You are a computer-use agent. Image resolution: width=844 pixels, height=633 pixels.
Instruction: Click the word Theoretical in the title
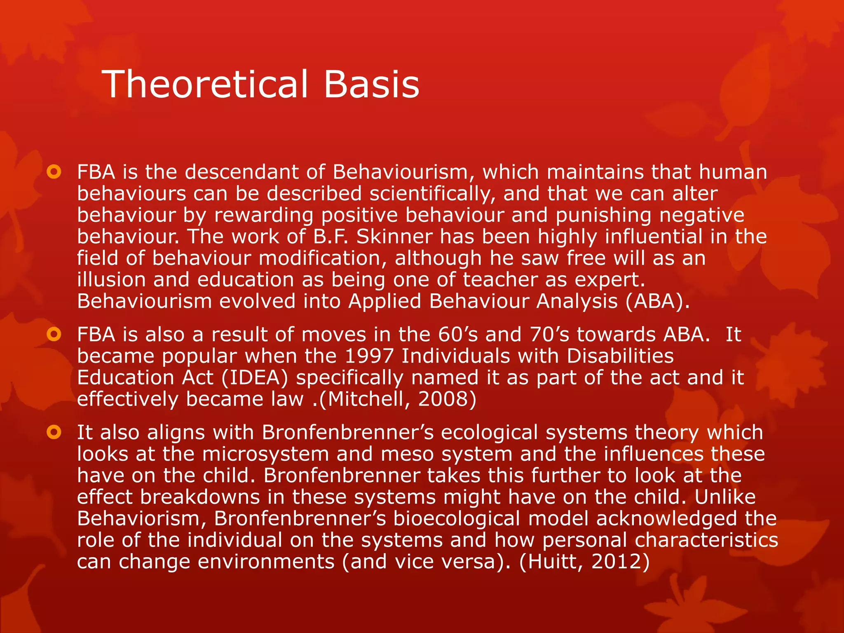205,84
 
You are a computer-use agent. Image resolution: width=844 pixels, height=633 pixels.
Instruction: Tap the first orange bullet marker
54,172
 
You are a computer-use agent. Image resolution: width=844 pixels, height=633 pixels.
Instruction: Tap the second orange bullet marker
54,334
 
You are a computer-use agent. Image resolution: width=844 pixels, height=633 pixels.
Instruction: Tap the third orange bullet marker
54,432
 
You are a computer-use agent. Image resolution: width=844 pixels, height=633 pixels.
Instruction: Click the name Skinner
394,237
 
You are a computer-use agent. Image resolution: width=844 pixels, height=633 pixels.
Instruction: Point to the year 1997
369,356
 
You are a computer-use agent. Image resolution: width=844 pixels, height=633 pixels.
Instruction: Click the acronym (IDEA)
255,378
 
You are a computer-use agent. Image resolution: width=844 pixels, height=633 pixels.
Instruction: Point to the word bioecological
456,518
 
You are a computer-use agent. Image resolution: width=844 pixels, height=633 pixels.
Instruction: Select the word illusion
111,280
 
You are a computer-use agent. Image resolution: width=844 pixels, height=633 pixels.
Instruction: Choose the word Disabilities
620,356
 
